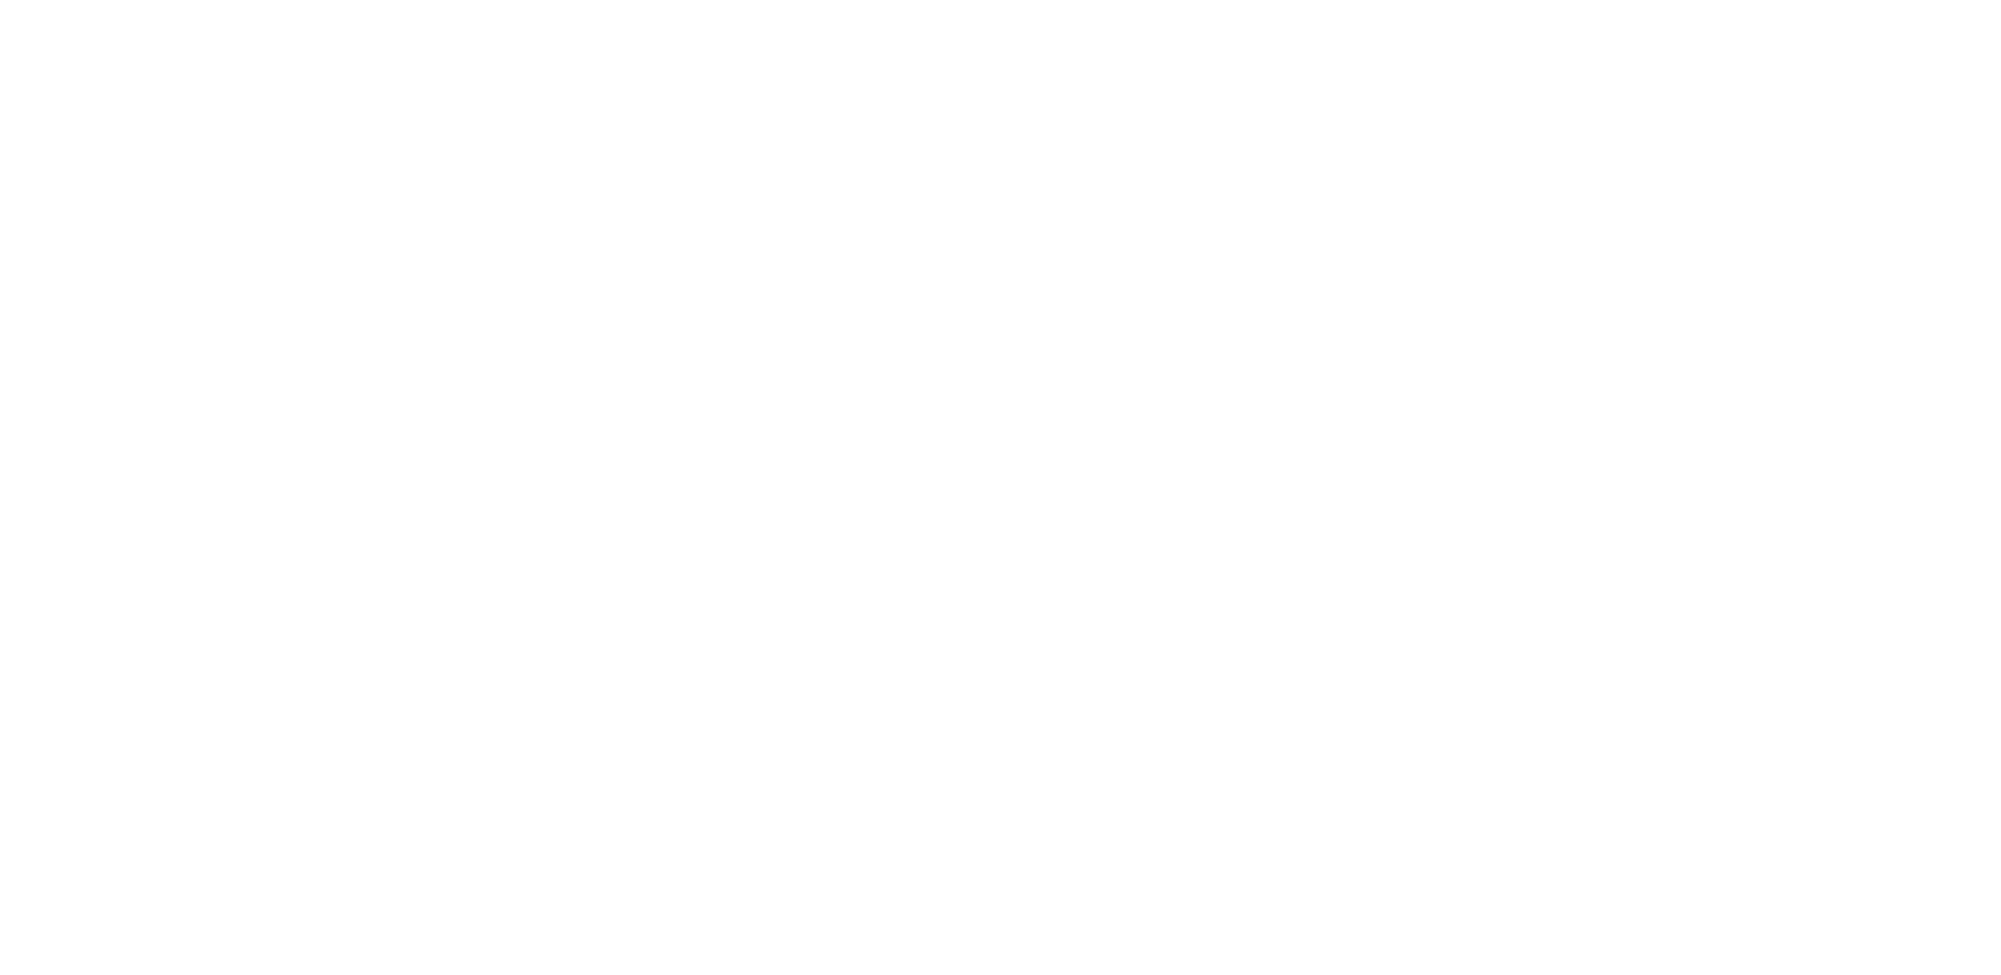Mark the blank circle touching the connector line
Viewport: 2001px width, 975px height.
(x=1122, y=554)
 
